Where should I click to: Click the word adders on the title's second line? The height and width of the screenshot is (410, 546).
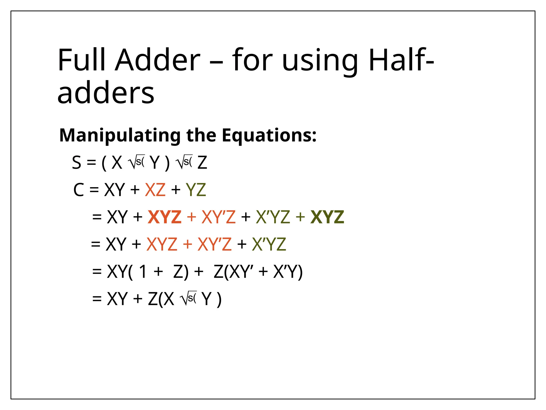coord(106,93)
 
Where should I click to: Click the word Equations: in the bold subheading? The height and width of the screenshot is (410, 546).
coord(269,135)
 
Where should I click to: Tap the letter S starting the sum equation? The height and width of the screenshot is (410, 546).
coord(77,163)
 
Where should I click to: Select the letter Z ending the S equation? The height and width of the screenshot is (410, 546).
coord(202,163)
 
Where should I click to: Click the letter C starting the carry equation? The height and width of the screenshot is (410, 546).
coord(79,190)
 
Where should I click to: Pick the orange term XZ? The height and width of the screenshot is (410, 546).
coord(155,190)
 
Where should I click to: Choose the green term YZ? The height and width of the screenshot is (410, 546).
coord(196,190)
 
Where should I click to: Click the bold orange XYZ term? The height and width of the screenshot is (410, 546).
coord(164,217)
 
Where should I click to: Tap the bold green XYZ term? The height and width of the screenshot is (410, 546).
coord(327,217)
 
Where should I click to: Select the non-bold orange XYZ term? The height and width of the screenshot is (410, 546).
coord(162,244)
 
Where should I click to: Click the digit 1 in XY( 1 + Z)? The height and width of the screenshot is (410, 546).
coord(143,272)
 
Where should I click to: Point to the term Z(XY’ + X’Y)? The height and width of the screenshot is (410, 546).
coord(258,272)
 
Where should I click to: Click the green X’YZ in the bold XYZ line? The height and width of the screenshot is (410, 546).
coord(273,217)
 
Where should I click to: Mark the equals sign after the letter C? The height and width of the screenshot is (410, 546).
coord(94,190)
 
